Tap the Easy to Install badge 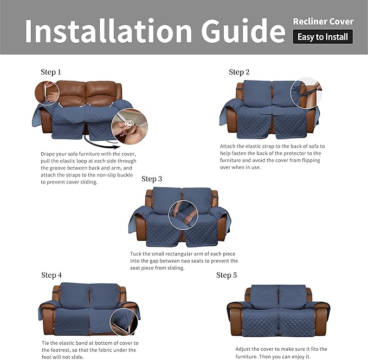(323, 37)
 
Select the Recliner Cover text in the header (323, 22)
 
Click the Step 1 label (51, 72)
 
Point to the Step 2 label (239, 72)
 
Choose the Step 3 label (152, 179)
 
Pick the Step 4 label (51, 275)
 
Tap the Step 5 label (227, 275)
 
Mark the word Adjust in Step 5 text (245, 349)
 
